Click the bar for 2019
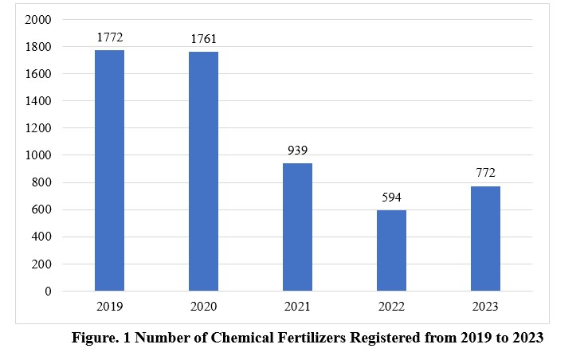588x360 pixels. [109, 170]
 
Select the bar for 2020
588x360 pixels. [203, 171]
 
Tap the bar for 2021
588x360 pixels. [297, 227]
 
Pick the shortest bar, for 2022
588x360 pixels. [391, 250]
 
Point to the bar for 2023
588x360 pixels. [485, 238]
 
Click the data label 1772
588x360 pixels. [109, 37]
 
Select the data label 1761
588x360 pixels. [203, 38]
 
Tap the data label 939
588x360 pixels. [297, 150]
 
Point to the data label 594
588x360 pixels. [391, 197]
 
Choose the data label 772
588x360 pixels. [485, 173]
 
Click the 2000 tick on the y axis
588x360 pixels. [38, 20]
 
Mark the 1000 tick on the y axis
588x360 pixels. [38, 155]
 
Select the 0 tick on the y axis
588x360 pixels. [48, 292]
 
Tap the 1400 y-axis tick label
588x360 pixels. [38, 101]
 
